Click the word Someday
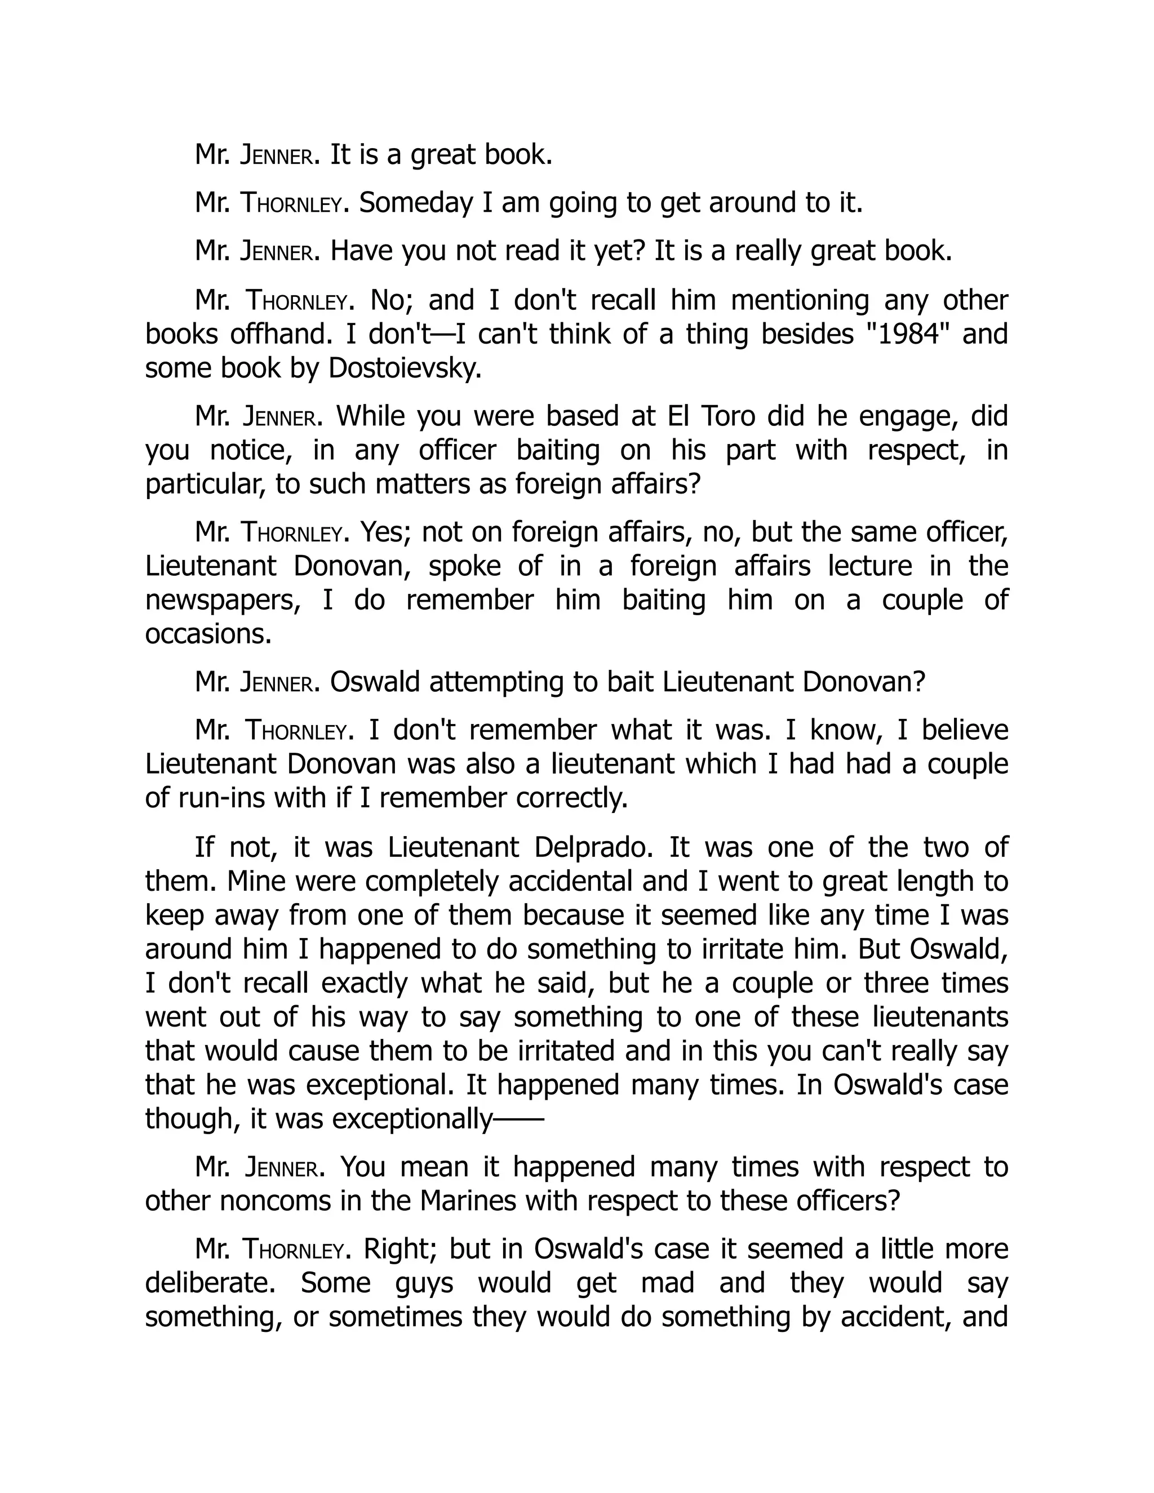pos(416,203)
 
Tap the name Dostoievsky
pos(405,368)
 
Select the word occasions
pos(208,634)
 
